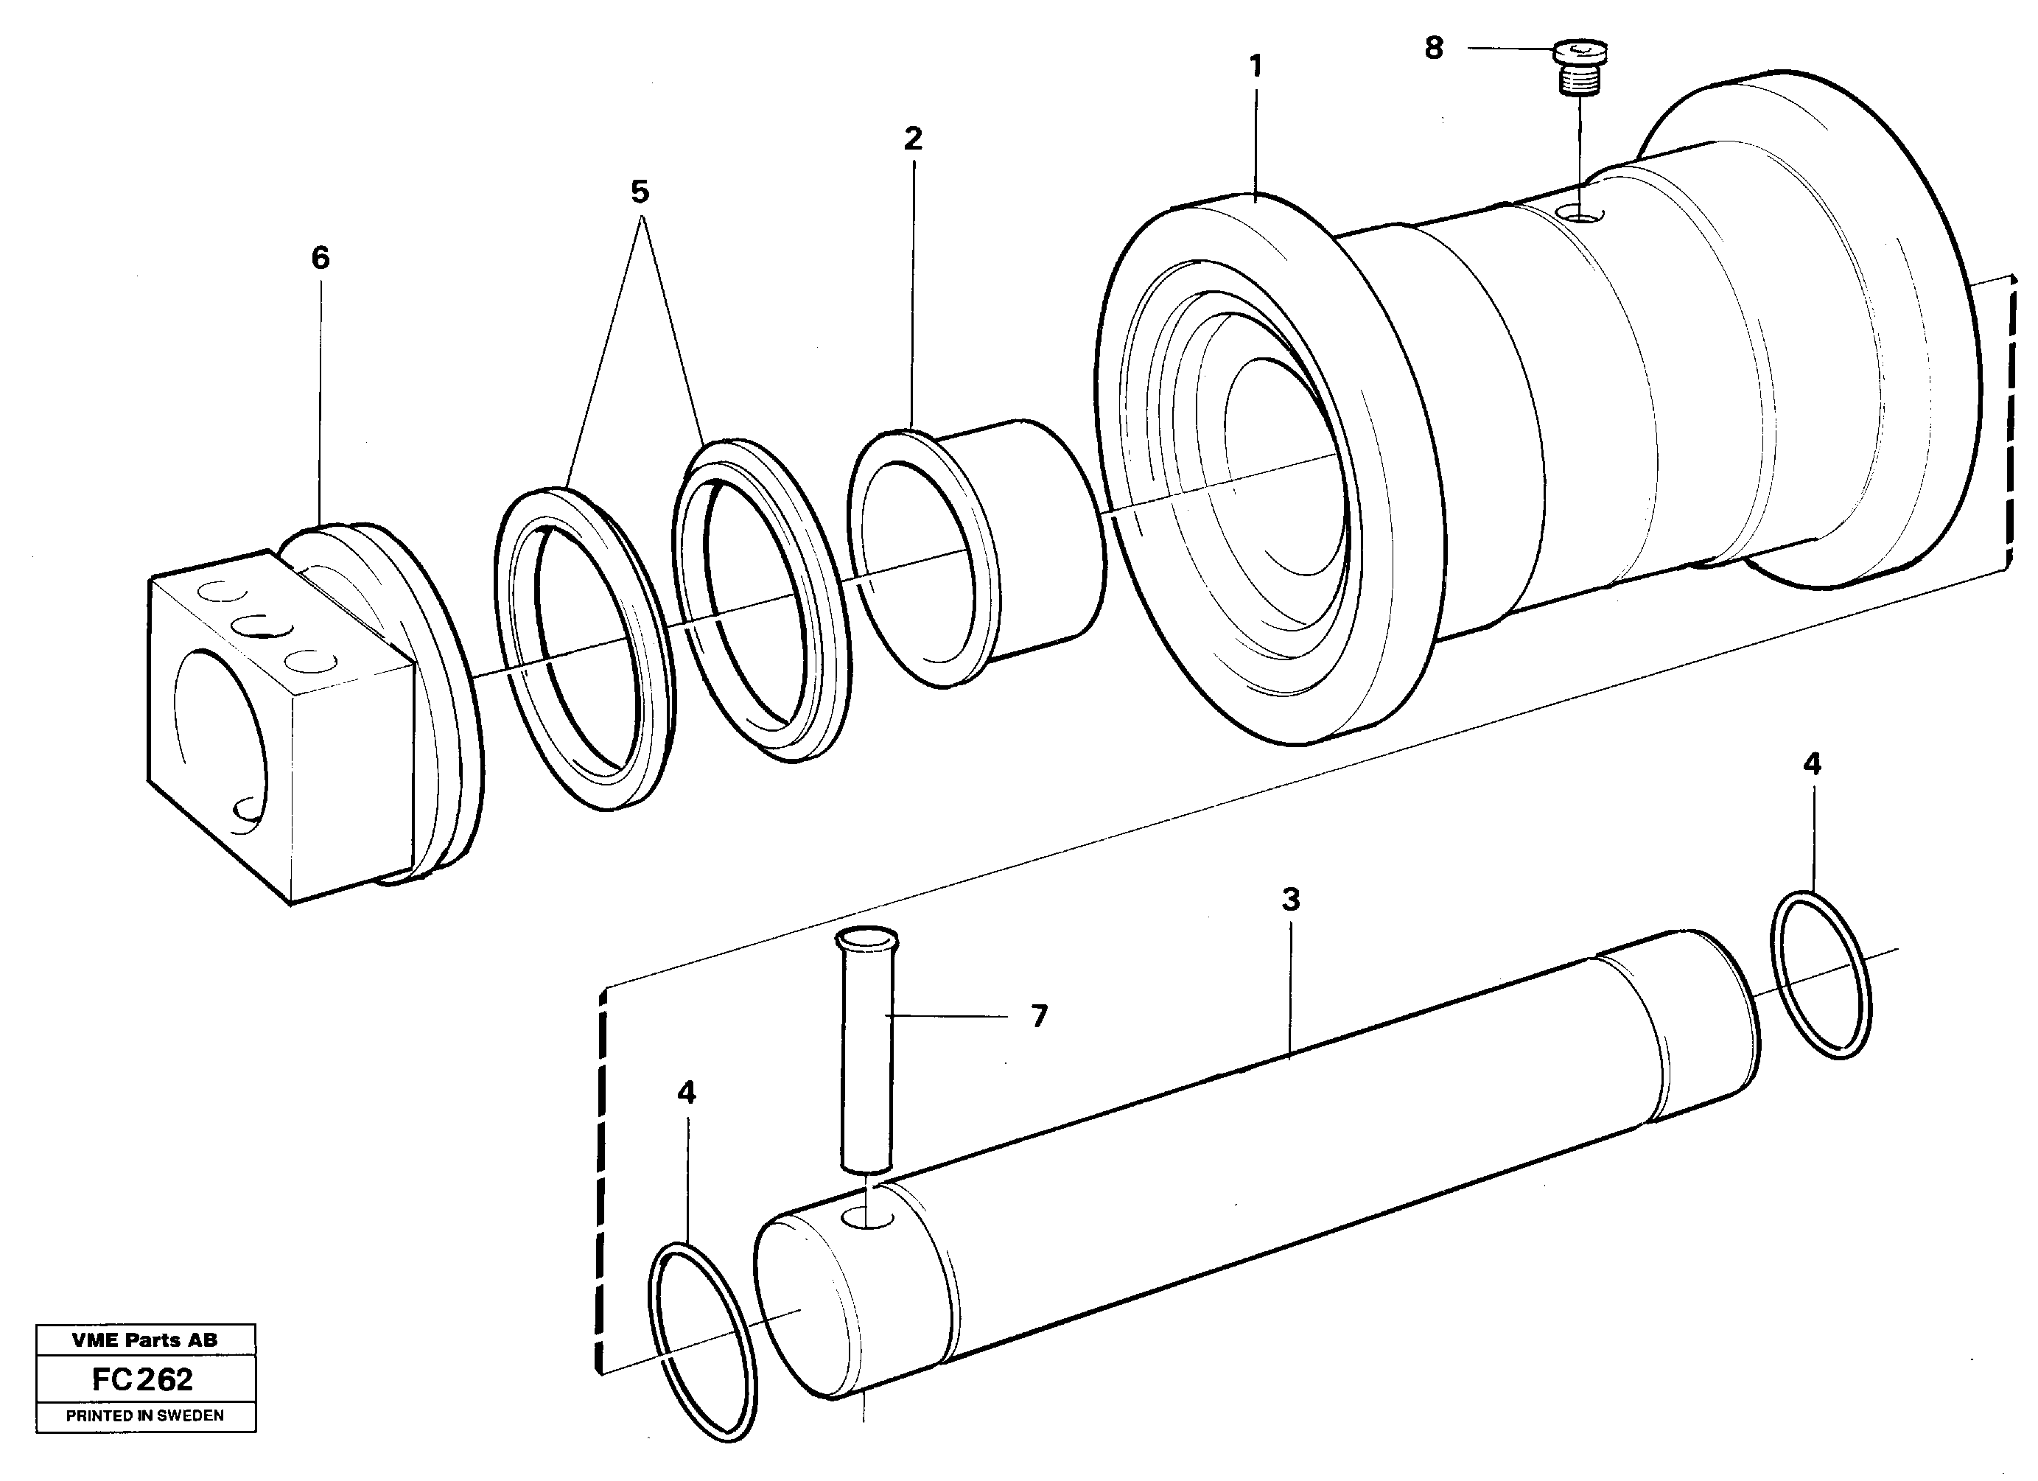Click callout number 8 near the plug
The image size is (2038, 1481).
pos(1434,49)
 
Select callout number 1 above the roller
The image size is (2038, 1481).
pos(1256,66)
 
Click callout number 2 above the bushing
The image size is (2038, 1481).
pos(913,139)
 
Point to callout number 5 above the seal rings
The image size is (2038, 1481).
pos(639,192)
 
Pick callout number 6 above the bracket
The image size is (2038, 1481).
pos(320,259)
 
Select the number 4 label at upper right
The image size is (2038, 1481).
pos(1813,765)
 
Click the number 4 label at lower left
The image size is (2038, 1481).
pos(687,1093)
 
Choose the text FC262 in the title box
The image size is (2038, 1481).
pos(142,1379)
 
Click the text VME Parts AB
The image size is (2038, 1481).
pos(144,1340)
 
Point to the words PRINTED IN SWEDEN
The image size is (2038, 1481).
pos(144,1415)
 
